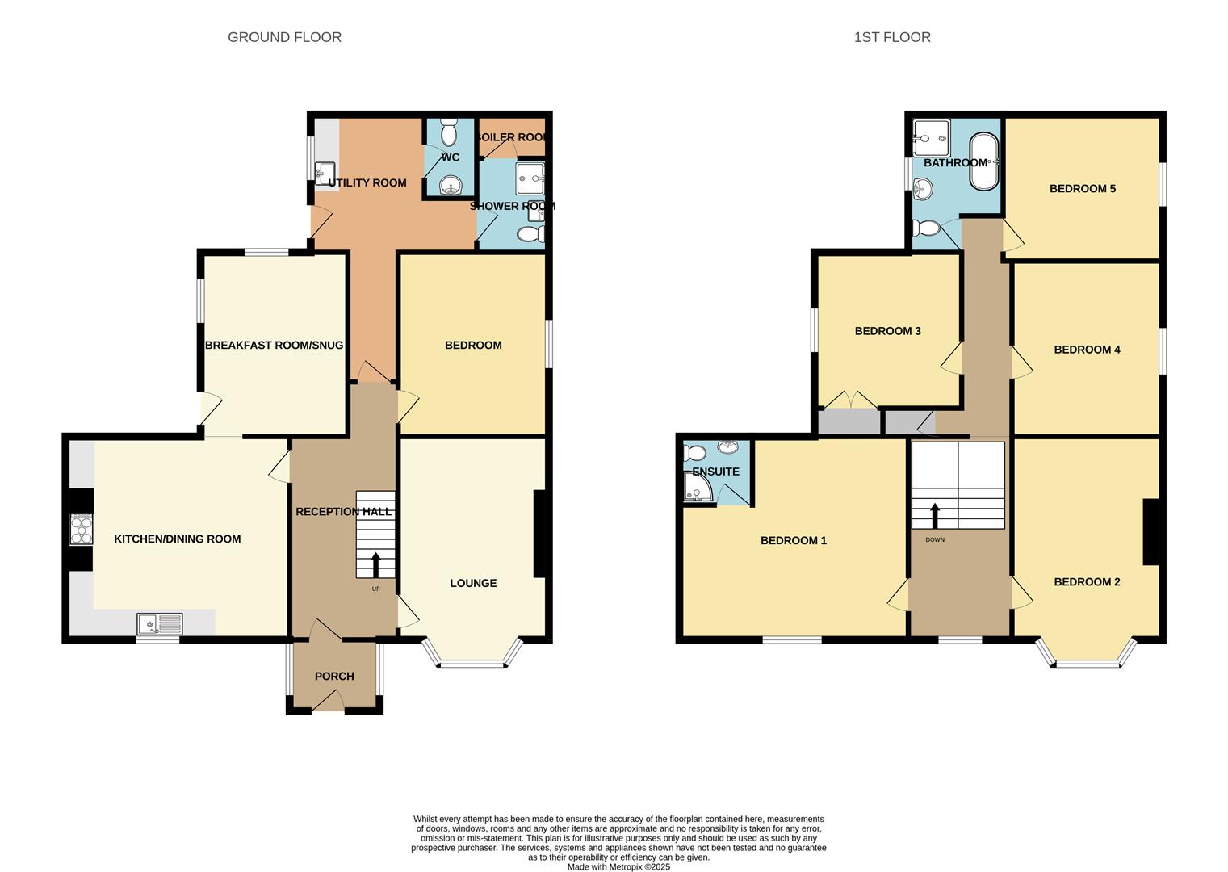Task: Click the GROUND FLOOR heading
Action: tap(284, 37)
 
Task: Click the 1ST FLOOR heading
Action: tap(892, 37)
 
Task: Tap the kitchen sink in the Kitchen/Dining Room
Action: tap(160, 623)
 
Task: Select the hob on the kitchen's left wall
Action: tap(82, 530)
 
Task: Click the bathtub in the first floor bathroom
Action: tap(983, 161)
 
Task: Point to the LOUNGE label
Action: tap(473, 583)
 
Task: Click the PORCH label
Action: tap(334, 676)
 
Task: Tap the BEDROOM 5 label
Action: tap(1082, 189)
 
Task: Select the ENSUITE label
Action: tap(715, 472)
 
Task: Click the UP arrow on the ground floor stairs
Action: tap(375, 564)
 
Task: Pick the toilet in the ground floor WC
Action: tap(449, 130)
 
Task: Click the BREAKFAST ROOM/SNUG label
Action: tap(274, 345)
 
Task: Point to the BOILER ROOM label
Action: tap(512, 137)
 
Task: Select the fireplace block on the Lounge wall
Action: tap(539, 534)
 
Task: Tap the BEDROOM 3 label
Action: tap(887, 331)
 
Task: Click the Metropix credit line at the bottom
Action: tap(618, 866)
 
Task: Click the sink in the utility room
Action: tap(325, 172)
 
